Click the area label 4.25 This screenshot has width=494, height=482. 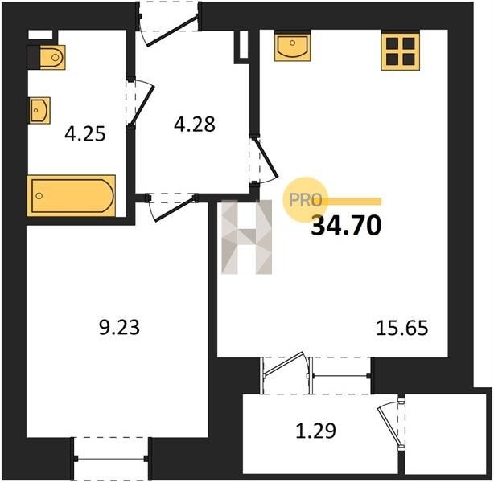point(84,135)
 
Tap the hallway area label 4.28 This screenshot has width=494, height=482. point(195,124)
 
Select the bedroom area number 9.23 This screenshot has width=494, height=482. point(119,327)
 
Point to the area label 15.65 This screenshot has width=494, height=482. point(402,328)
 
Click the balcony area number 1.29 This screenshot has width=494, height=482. point(315,431)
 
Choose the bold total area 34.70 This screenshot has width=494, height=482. point(346,226)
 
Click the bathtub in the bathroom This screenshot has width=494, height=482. point(71,196)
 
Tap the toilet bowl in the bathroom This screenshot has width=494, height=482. point(52,57)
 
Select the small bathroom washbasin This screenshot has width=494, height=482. point(40,110)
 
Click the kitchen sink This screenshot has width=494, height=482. point(292,47)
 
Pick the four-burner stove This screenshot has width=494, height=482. point(400,51)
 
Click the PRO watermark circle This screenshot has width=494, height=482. point(305,199)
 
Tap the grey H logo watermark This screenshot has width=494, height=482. point(246,237)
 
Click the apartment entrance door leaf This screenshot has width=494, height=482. point(173,31)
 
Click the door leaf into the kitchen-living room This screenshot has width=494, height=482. point(267,157)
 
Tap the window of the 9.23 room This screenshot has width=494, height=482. point(111,459)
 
